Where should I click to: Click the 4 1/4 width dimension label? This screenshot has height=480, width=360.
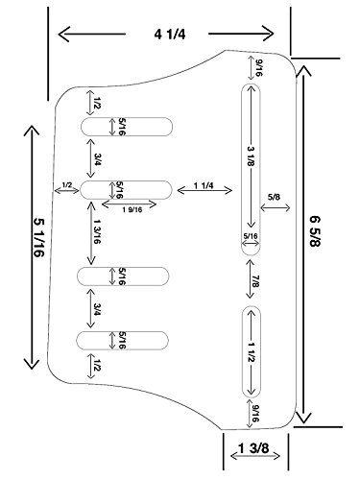[170, 34]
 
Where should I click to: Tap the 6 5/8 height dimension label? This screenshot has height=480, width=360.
[316, 231]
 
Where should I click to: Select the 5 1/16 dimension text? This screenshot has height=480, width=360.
[39, 238]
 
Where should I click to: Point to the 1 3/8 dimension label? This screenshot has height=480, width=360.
[253, 448]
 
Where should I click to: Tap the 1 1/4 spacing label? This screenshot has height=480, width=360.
[204, 185]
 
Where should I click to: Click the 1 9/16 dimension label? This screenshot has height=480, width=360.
[132, 210]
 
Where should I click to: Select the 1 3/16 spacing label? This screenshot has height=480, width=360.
[98, 231]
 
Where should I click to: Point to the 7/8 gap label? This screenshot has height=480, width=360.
[255, 280]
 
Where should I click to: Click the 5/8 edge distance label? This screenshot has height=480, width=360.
[275, 197]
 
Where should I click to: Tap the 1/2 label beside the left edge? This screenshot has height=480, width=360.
[67, 184]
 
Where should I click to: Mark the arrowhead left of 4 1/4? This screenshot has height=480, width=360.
[63, 34]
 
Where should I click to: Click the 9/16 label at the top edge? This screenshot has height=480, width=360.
[259, 68]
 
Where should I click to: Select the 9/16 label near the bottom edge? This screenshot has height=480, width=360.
[255, 413]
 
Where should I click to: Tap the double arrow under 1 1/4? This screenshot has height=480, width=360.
[204, 191]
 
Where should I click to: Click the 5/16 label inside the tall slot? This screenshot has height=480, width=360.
[251, 236]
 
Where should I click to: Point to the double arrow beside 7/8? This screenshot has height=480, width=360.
[250, 279]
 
